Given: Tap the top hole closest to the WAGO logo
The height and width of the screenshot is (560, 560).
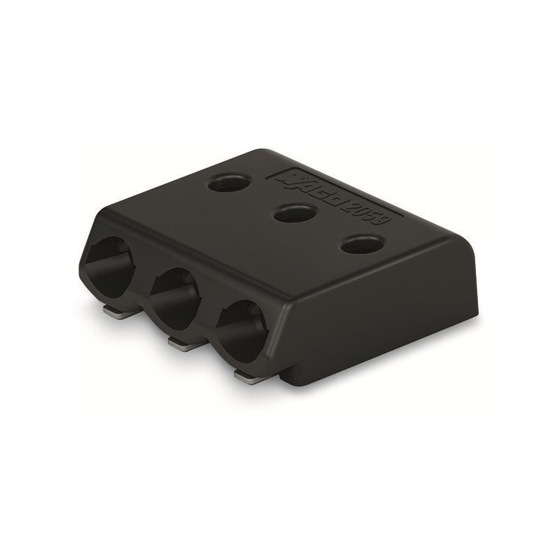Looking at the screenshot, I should point(229,183).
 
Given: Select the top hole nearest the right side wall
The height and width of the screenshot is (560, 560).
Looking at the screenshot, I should point(363,244).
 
